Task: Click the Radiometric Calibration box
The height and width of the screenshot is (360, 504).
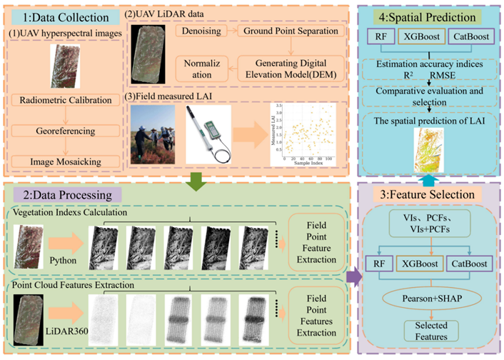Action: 65,100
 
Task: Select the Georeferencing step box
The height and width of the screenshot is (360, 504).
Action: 65,131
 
